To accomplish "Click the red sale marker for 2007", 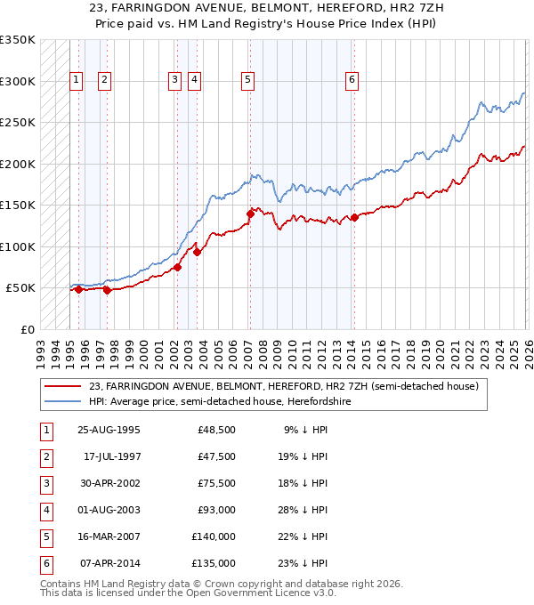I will [x=250, y=214].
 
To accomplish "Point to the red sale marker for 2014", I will [x=354, y=217].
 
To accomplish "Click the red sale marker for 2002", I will [x=178, y=267].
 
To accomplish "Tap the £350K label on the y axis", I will [x=18, y=40].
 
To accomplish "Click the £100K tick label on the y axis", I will [x=18, y=246].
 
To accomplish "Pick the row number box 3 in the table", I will [x=44, y=483].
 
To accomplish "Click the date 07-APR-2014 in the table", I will [x=109, y=563].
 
